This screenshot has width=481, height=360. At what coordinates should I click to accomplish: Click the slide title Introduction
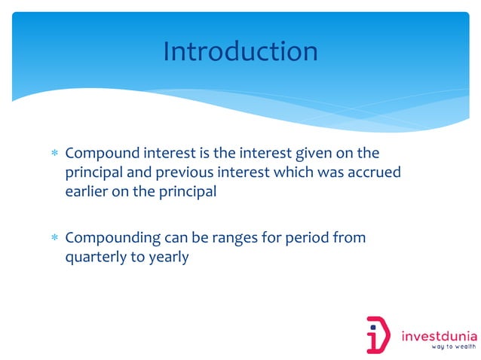pos(240,51)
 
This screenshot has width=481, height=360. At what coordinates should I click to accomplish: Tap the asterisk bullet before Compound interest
pos(54,154)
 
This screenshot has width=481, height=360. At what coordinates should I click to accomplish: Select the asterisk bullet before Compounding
pos(54,239)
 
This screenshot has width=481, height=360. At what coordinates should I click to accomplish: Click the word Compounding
pos(113,239)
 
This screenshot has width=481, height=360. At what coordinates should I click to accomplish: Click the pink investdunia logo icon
pos(378,334)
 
